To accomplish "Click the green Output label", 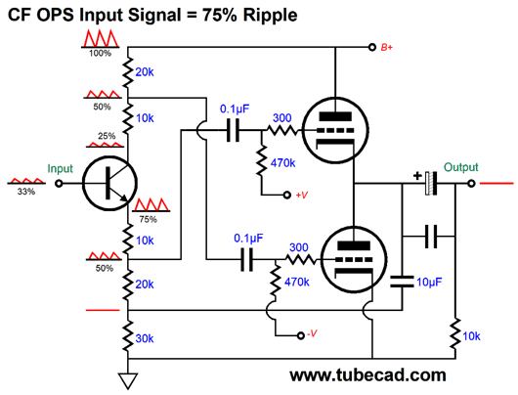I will click(x=460, y=167).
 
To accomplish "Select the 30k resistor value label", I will click(x=145, y=338).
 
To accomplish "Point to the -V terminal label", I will click(x=310, y=334).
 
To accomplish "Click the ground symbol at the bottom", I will click(x=124, y=379).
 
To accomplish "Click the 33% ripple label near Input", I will click(x=25, y=192).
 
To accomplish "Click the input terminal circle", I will click(x=57, y=184).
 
